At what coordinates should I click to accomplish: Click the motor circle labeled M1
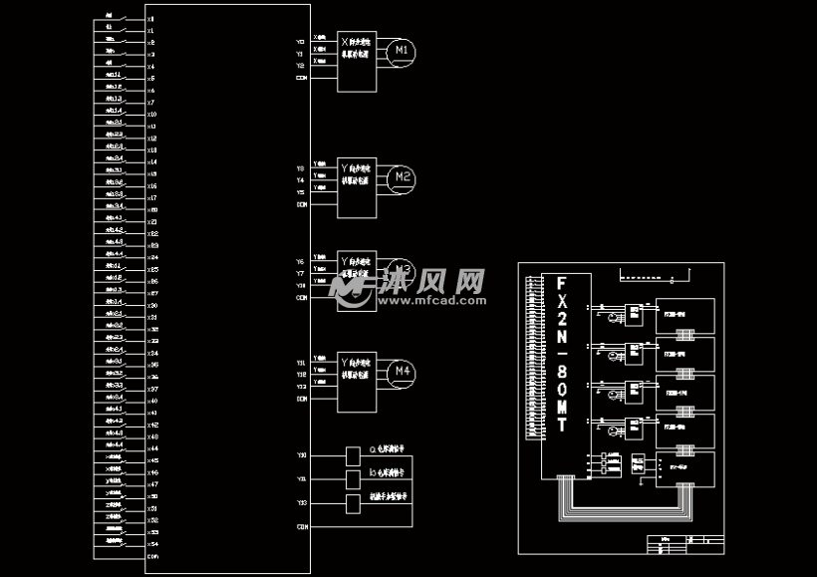[x=403, y=51]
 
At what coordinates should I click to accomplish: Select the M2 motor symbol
[x=403, y=177]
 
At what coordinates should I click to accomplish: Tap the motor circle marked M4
[x=403, y=372]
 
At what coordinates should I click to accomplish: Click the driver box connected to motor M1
[x=358, y=58]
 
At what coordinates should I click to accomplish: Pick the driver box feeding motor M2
[x=358, y=185]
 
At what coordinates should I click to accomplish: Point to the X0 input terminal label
[x=150, y=19]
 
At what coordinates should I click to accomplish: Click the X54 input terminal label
[x=152, y=544]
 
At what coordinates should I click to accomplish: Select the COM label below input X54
[x=152, y=556]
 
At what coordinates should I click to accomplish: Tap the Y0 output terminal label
[x=301, y=42]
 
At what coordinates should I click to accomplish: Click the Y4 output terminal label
[x=301, y=180]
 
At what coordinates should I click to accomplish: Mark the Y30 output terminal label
[x=301, y=455]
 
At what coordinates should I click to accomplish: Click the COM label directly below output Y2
[x=301, y=77]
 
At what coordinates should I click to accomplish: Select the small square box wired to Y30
[x=353, y=456]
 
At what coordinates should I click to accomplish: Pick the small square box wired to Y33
[x=353, y=503]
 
